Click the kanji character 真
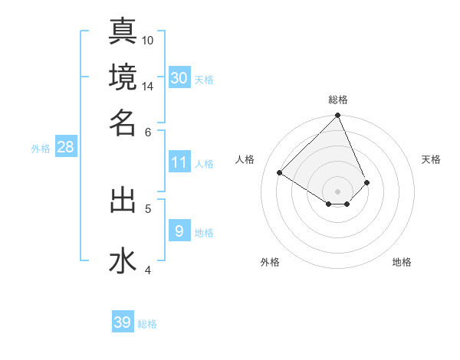[123, 31]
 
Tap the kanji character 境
[123, 77]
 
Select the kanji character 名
[123, 122]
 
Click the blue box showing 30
[179, 77]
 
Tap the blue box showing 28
[65, 147]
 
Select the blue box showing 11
[179, 162]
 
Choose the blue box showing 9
[179, 231]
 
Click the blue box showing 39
[123, 322]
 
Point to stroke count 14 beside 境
[148, 86]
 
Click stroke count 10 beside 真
[148, 40]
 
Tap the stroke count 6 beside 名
[148, 131]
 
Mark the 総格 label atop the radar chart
[337, 100]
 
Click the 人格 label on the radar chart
[245, 159]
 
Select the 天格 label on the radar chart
[431, 159]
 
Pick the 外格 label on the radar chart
[270, 263]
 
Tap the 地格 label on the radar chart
[402, 263]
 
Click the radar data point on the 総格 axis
[337, 116]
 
